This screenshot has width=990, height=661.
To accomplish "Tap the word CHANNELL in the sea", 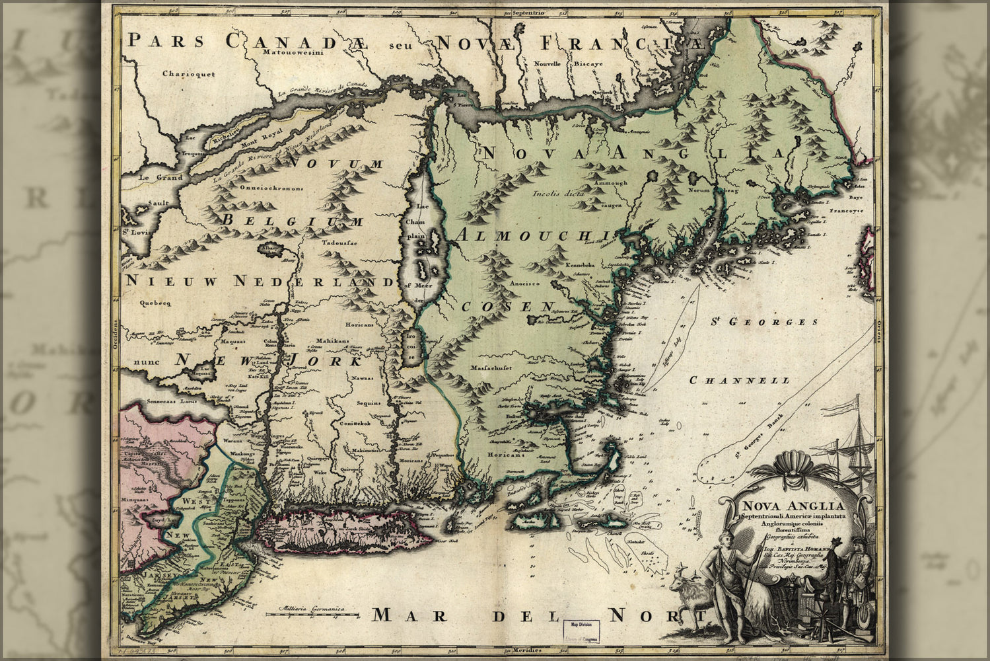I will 739,381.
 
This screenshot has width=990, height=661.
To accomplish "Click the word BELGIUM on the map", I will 293,221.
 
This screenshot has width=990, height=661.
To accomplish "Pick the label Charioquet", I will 189,75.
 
